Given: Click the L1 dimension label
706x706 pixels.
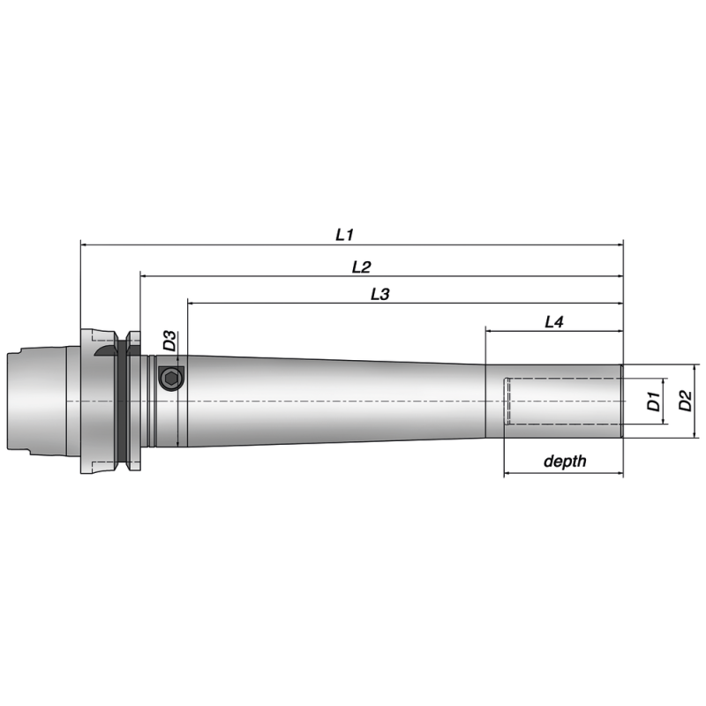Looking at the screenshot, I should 344,235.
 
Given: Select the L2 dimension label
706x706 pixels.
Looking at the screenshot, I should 361,266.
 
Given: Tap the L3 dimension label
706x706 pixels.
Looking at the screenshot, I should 379,295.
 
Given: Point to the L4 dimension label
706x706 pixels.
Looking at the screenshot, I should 553,323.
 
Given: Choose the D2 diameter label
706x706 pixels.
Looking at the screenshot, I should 684,402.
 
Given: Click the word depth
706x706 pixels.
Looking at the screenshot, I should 565,462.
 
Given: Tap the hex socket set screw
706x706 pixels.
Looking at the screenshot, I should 171,379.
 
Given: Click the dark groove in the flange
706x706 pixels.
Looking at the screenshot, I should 121,402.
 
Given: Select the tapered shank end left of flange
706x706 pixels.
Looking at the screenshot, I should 40,402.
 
